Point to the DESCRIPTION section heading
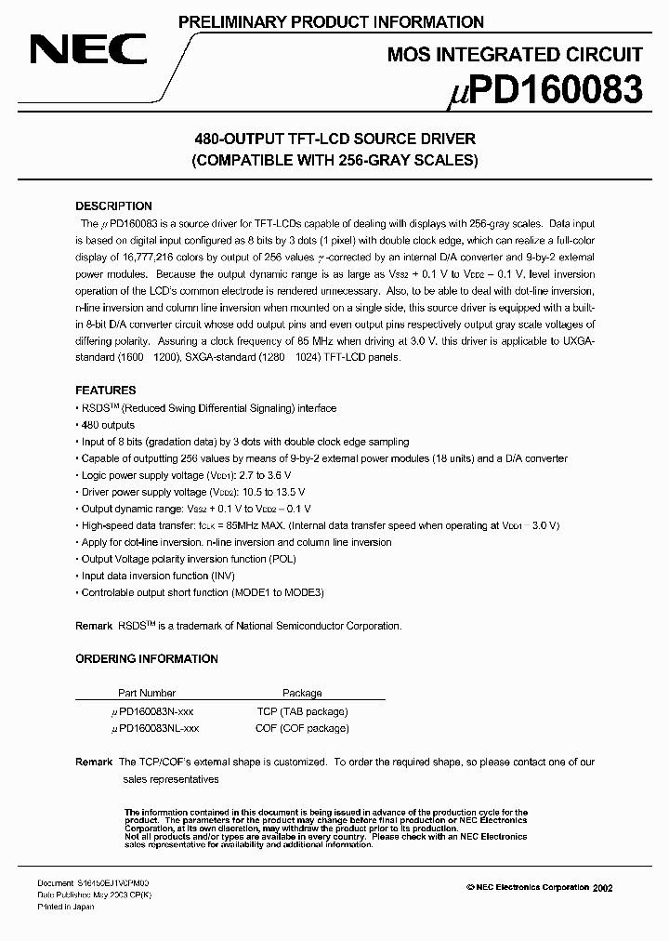click(113, 206)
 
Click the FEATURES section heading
click(106, 391)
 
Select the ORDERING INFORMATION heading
click(147, 659)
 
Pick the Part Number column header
click(147, 693)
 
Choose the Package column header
click(302, 693)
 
